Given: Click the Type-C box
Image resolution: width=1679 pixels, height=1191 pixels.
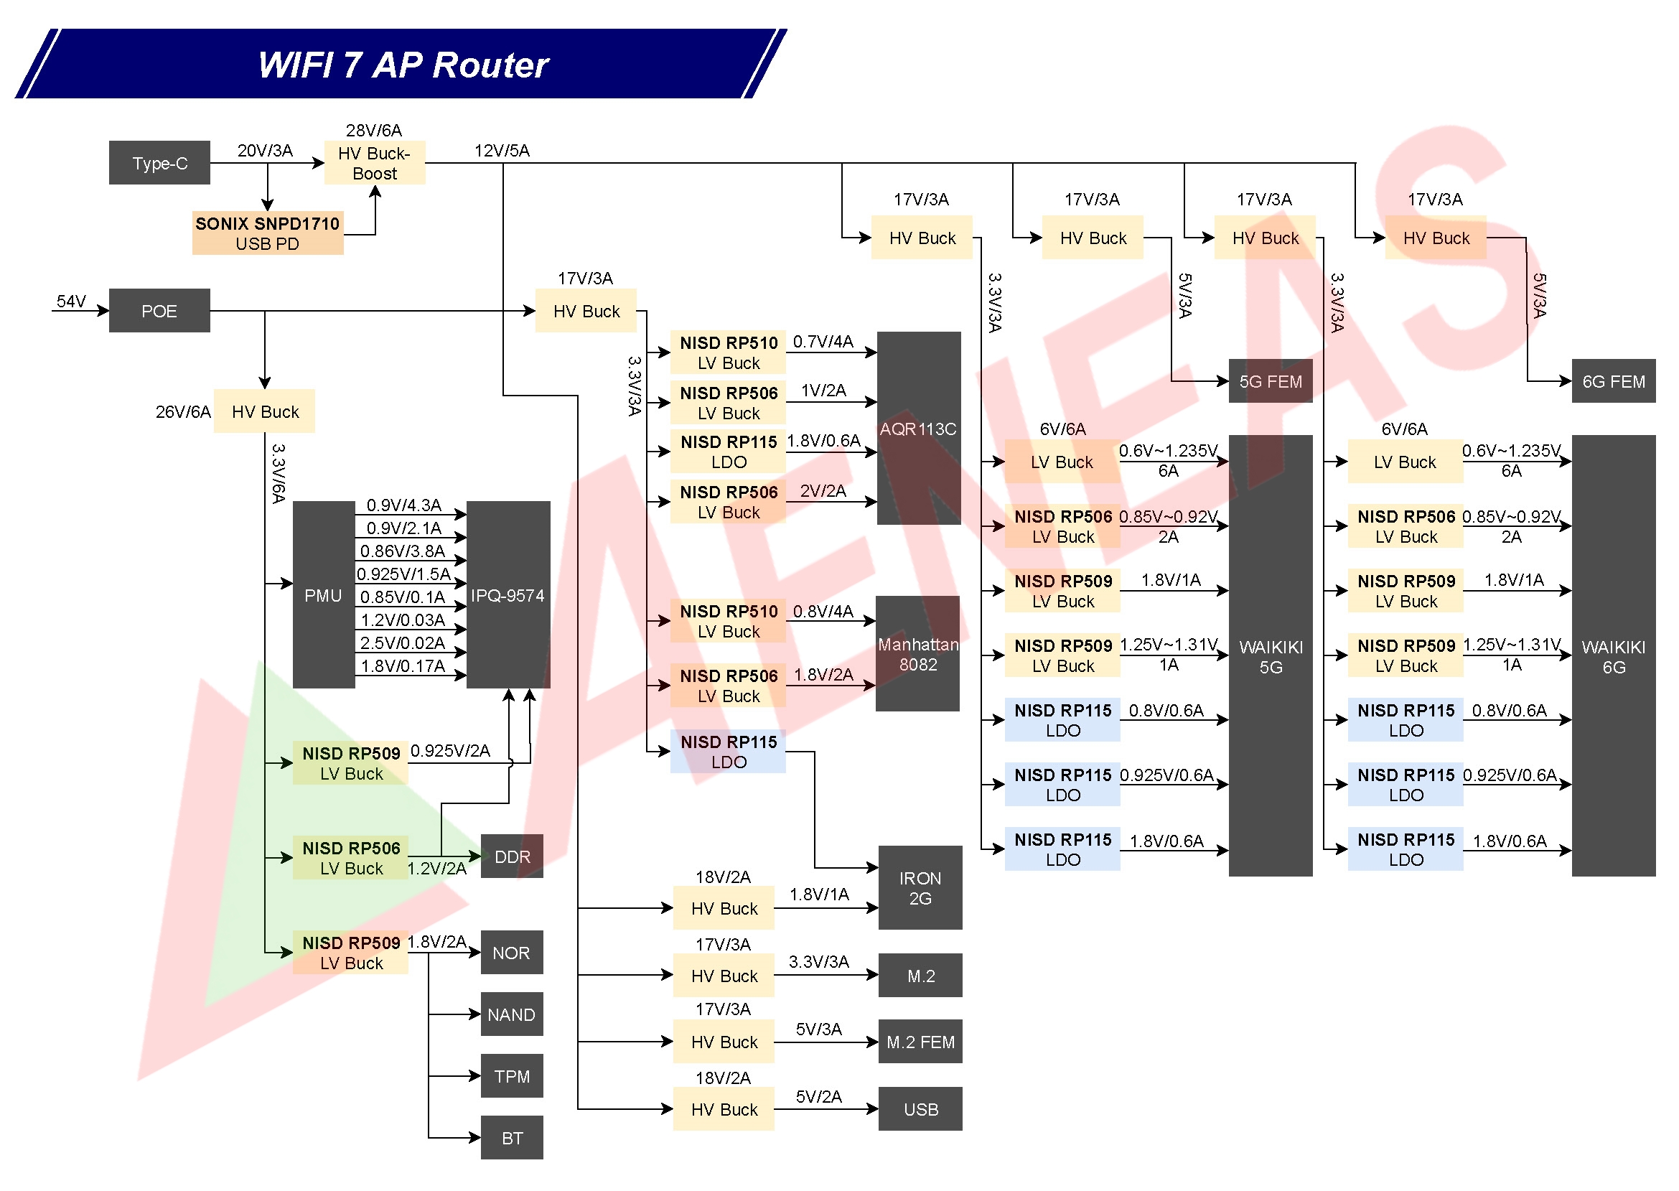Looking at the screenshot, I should point(159,163).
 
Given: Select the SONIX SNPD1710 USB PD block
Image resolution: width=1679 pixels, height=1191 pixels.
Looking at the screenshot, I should point(267,233).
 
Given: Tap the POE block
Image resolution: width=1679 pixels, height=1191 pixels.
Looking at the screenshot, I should point(159,311).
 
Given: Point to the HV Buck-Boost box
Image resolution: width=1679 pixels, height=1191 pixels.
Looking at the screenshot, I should point(374,163).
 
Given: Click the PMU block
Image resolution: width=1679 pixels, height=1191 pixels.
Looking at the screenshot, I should point(323,596).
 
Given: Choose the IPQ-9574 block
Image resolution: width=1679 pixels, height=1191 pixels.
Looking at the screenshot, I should point(508,596).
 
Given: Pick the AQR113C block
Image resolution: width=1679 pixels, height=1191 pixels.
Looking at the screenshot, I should point(918,429).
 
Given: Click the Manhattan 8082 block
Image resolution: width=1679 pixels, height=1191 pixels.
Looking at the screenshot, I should point(917,654).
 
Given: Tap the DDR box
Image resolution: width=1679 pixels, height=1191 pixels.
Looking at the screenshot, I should point(512,856).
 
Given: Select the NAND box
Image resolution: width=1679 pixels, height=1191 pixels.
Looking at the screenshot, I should point(511,1015).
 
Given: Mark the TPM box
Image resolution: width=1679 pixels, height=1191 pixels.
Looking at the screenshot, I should point(511,1077).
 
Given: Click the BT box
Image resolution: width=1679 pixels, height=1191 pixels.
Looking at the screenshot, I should point(511,1138).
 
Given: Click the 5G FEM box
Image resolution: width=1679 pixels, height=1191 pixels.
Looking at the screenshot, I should point(1270,381).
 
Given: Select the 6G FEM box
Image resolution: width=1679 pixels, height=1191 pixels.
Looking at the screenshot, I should point(1613,381).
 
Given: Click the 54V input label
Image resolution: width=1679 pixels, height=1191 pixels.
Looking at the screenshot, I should point(71,302).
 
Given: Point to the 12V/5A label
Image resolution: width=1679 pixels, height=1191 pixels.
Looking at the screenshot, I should point(502,151).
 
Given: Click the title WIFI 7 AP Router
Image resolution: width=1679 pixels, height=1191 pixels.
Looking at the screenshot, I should point(403,65).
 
